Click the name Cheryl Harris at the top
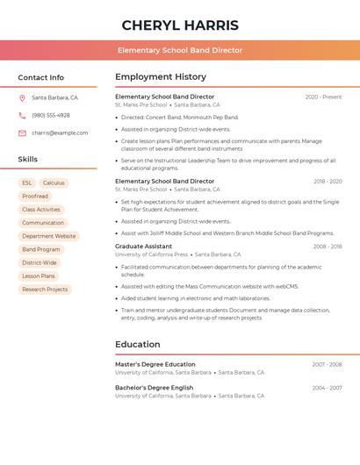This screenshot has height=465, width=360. (x=180, y=25)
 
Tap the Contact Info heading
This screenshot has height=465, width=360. (x=41, y=77)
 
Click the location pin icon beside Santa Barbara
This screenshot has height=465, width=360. (x=22, y=98)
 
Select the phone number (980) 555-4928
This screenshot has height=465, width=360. (x=51, y=115)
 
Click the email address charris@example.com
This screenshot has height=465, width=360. (x=60, y=132)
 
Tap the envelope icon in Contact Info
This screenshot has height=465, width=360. (x=22, y=133)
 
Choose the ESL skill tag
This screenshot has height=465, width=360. (x=27, y=183)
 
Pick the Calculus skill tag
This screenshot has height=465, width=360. (x=54, y=183)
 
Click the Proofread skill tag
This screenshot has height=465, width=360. (x=35, y=197)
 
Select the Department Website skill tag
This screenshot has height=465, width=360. (x=49, y=236)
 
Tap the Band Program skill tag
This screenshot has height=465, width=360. (x=41, y=249)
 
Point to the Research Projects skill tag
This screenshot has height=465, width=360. (x=45, y=290)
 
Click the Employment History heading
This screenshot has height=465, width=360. (x=161, y=77)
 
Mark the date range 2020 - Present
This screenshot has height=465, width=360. (x=323, y=97)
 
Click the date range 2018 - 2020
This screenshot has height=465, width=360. (x=328, y=182)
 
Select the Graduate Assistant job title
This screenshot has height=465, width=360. (x=143, y=247)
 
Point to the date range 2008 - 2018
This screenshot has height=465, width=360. (x=328, y=247)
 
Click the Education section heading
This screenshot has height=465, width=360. (x=138, y=345)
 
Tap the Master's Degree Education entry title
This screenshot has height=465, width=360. (x=155, y=364)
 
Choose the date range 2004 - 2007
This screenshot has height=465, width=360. (x=327, y=388)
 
